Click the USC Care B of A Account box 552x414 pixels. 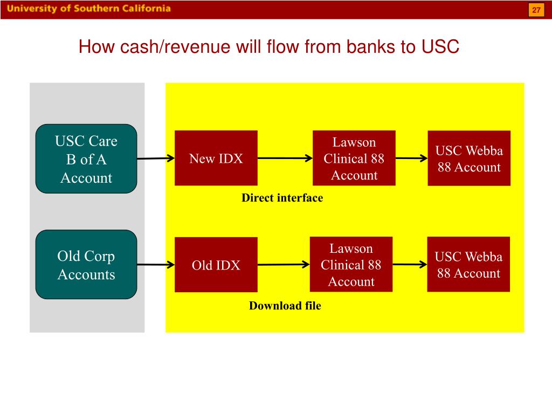(86, 159)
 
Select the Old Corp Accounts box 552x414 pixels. (86, 264)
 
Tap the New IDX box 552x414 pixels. (216, 158)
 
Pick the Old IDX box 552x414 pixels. (216, 265)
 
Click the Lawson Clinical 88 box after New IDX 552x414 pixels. (354, 158)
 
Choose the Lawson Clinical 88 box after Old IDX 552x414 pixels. (351, 264)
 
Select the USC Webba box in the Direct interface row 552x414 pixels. (469, 158)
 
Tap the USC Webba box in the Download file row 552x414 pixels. (468, 264)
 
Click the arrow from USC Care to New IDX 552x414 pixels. (156, 158)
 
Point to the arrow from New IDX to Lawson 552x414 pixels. (285, 158)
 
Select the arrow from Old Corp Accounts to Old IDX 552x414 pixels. (156, 264)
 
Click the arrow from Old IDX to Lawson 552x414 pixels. (284, 264)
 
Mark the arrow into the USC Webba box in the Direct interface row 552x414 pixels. (411, 158)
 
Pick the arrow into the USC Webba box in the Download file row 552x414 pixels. (410, 264)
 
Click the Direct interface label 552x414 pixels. (282, 198)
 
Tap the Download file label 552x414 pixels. (285, 306)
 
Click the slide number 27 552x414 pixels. (536, 10)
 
